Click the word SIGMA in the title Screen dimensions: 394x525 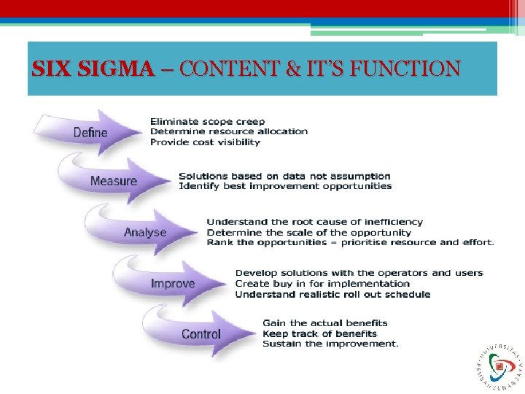[x=123, y=69]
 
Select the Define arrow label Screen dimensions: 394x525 [x=90, y=133]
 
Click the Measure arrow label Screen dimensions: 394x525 [x=114, y=181]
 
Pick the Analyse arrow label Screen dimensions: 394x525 [x=145, y=233]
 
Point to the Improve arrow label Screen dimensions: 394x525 [x=173, y=283]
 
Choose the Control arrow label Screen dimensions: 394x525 [x=201, y=334]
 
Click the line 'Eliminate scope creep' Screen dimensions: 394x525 [x=207, y=121]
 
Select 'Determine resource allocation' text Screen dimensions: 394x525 [x=228, y=131]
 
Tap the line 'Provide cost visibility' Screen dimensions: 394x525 [x=204, y=142]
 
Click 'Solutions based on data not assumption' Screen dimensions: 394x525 [x=284, y=176]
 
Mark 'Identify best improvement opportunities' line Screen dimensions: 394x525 [x=285, y=186]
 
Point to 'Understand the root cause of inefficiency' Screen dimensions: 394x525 [x=314, y=222]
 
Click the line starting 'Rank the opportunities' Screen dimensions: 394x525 [x=350, y=242]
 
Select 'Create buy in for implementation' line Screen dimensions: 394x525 [x=322, y=283]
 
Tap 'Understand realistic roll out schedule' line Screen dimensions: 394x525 [x=332, y=294]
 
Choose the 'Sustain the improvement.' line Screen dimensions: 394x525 [x=330, y=344]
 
